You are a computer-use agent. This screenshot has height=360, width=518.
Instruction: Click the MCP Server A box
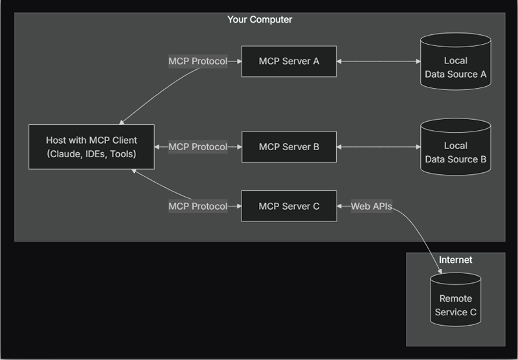(289, 62)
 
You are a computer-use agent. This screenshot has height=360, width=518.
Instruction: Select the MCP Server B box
(289, 146)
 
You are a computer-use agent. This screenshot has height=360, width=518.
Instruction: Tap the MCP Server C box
(289, 206)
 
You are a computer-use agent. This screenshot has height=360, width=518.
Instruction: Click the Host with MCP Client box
(91, 147)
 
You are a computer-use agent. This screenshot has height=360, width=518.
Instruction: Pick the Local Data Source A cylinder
(456, 62)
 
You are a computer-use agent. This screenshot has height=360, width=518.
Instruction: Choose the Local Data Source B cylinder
(456, 146)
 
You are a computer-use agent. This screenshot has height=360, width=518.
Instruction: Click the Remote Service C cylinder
(456, 300)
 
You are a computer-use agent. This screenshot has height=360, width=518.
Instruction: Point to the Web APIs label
(371, 206)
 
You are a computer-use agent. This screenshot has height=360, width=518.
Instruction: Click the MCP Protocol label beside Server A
(198, 62)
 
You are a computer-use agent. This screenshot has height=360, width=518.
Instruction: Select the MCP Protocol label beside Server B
(198, 146)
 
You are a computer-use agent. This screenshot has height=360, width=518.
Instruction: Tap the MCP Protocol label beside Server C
(198, 206)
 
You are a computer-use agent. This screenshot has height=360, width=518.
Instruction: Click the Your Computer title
(260, 19)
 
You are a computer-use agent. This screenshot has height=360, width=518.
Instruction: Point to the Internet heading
(456, 260)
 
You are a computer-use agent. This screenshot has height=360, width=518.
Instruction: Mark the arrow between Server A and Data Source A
(379, 62)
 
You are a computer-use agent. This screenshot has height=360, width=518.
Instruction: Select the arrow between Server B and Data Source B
(379, 146)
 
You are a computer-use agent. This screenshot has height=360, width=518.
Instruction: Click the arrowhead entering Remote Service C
(440, 271)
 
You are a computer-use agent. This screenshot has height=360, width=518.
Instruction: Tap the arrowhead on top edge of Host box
(121, 122)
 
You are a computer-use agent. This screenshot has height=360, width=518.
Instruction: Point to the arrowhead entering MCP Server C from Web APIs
(339, 206)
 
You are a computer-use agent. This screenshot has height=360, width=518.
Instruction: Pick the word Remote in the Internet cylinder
(456, 298)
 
